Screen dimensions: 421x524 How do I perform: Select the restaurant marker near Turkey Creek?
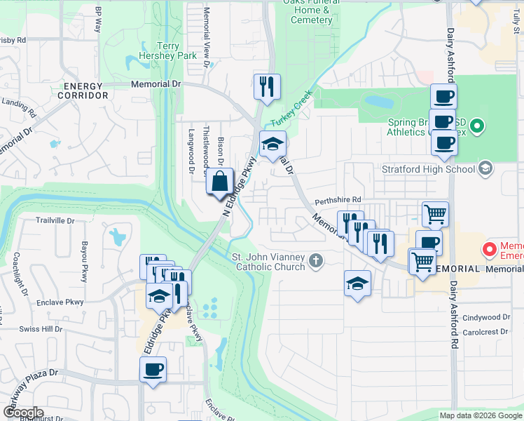click(266, 86)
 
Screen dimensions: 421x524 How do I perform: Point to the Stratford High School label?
click(427, 168)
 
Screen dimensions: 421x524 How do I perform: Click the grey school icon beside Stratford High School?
click(485, 168)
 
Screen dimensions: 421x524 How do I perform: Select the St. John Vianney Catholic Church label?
click(270, 262)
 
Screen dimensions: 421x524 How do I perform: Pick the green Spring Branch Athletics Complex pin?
click(477, 127)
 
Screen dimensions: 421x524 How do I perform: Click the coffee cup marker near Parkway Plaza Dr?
click(153, 369)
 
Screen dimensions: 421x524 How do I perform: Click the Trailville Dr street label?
click(55, 220)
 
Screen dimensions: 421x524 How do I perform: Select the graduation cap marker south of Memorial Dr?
click(357, 283)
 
